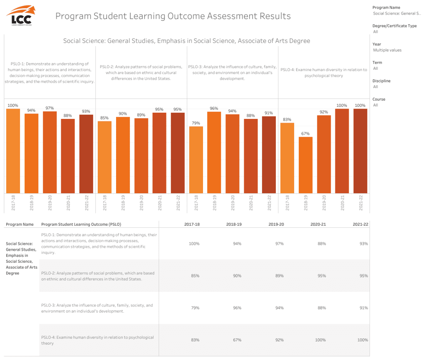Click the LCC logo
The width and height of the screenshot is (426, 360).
pos(21,15)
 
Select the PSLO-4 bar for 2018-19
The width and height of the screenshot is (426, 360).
pos(305,165)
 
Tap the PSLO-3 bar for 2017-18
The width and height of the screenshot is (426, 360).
pos(196,160)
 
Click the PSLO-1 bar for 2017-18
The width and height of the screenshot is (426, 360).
pos(13,151)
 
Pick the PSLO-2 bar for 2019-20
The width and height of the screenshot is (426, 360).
pos(141,156)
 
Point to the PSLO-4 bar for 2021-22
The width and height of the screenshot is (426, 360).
pos(360,151)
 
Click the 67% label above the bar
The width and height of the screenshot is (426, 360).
pos(305,133)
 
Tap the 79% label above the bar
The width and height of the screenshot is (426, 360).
pos(196,123)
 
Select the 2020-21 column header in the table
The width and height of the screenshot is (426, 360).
pos(318,224)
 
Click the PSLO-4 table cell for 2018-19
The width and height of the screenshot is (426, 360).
pos(237,340)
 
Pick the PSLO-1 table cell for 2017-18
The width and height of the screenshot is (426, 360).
pos(194,244)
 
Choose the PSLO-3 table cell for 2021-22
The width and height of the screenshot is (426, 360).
pos(364,308)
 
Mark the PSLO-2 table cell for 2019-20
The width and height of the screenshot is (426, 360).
pos(279,276)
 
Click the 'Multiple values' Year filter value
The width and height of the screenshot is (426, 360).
pos(387,50)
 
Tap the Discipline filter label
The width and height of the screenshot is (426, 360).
pos(381,81)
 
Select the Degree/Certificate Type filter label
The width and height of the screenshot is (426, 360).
pos(394,26)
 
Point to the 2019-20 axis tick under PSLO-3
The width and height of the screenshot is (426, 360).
pos(233,202)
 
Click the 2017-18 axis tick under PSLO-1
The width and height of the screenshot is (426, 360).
pos(13,202)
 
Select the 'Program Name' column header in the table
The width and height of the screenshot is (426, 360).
pos(20,224)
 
